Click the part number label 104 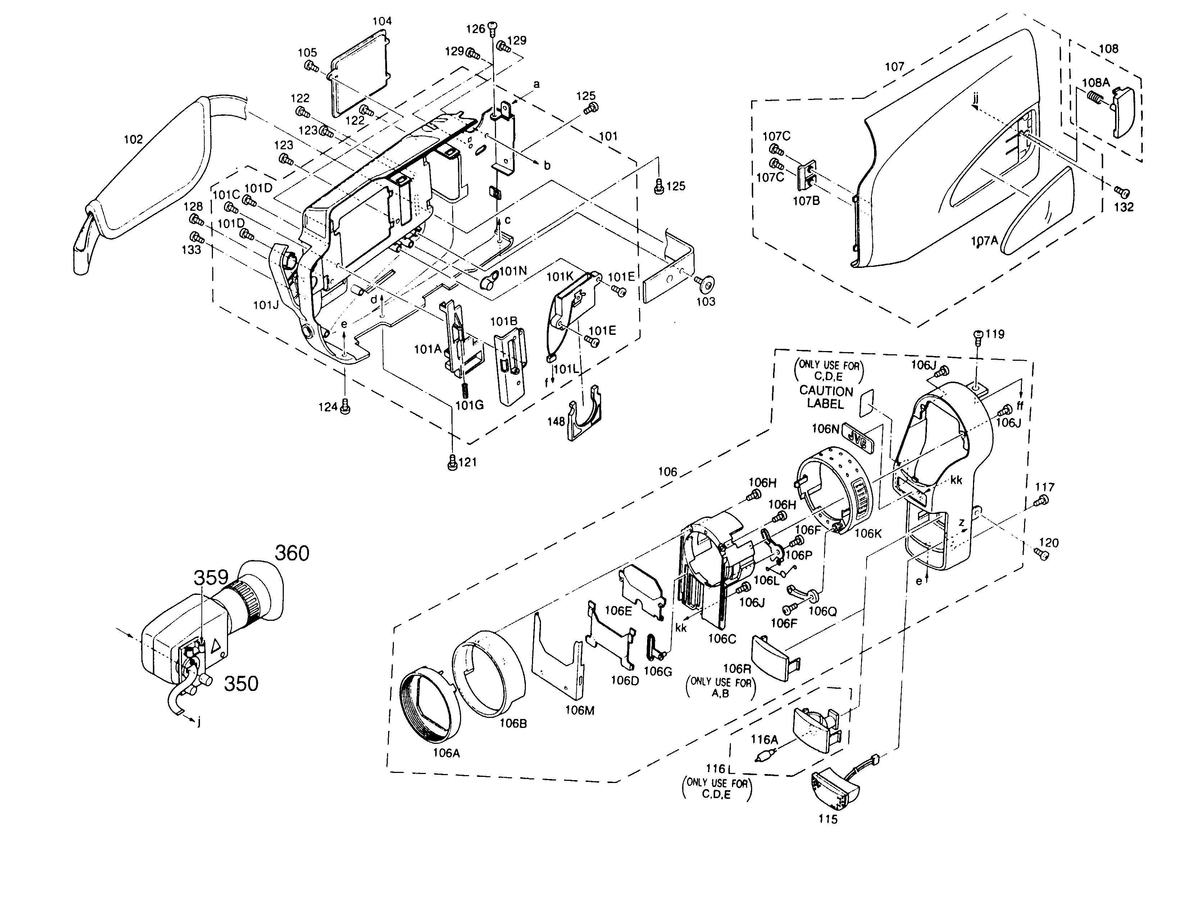pos(382,21)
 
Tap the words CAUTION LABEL pos(826,397)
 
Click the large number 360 pos(291,553)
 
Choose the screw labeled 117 pos(1042,500)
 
